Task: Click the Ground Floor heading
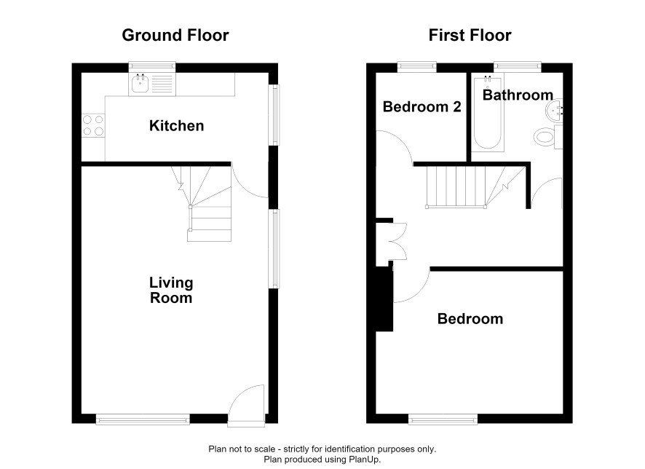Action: (x=175, y=36)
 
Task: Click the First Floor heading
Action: (x=470, y=36)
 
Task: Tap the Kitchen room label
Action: (x=176, y=125)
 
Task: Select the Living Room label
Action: (x=171, y=290)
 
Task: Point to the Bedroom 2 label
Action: (x=422, y=106)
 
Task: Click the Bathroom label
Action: (x=518, y=95)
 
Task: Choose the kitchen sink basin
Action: (x=141, y=84)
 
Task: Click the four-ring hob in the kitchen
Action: (x=93, y=125)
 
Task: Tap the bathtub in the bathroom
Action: (x=488, y=112)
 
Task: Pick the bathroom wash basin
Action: (x=554, y=110)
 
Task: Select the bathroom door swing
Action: (x=547, y=192)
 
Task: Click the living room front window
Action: (x=143, y=419)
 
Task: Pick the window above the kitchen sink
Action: (x=152, y=67)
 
